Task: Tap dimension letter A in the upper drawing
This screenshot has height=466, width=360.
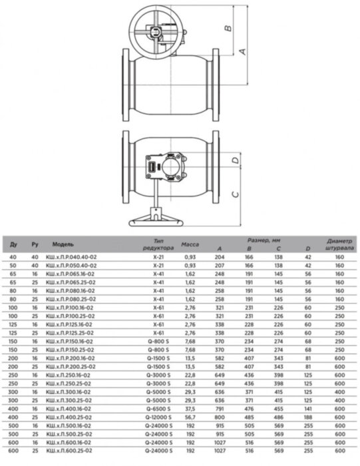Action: click(243, 51)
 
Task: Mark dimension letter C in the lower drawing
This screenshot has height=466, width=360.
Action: click(234, 194)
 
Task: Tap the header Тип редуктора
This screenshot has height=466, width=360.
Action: click(158, 244)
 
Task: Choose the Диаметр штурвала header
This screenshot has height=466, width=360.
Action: click(339, 244)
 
